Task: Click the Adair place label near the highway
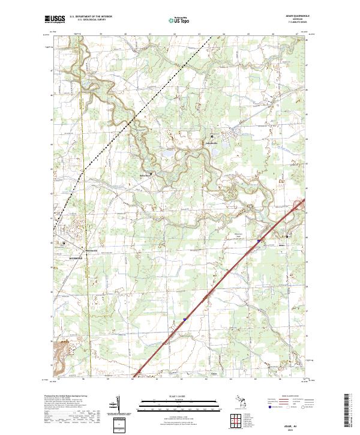point(283,245)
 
